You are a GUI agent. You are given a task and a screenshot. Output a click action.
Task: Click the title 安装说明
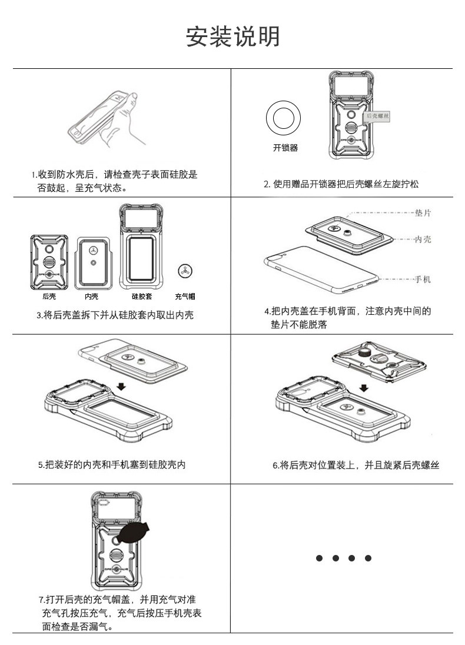[x=232, y=36]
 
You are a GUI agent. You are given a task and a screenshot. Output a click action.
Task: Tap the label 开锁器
[x=285, y=148]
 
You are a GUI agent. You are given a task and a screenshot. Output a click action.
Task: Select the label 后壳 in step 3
[x=49, y=297]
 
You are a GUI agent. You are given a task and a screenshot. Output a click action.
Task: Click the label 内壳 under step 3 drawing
[x=91, y=297]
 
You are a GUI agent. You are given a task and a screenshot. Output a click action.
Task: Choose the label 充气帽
[x=185, y=297]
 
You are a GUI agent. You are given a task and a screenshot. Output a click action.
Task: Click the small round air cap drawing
[x=185, y=270]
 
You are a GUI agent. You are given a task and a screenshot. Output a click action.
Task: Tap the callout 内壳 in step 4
[x=423, y=240]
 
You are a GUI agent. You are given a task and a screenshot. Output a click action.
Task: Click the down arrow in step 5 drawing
[x=121, y=386]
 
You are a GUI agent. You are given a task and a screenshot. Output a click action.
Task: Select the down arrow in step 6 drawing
[x=364, y=387]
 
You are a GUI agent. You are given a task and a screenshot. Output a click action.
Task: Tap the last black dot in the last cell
[x=368, y=558]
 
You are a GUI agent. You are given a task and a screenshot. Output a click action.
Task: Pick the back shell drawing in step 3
[x=49, y=262]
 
